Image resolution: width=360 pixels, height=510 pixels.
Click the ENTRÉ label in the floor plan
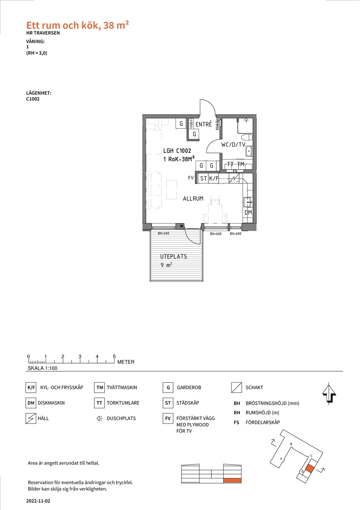[204, 124]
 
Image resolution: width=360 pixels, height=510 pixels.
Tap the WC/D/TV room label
[233, 144]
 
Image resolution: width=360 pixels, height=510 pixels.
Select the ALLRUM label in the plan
[193, 199]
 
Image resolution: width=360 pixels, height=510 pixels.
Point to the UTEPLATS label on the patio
[173, 256]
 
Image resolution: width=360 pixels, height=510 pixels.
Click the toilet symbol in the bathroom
[247, 138]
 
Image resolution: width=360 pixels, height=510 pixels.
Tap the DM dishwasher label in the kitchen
[248, 212]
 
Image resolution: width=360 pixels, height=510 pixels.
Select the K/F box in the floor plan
[213, 178]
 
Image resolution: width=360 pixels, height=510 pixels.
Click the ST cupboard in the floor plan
[203, 178]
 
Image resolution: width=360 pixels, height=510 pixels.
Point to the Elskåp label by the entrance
[217, 124]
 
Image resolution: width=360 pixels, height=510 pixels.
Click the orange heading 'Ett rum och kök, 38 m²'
[78, 25]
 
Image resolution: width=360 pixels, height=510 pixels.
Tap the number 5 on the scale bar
[114, 356]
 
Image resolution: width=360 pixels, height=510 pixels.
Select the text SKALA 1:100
[42, 368]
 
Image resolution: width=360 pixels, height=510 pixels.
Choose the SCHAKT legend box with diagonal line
[237, 388]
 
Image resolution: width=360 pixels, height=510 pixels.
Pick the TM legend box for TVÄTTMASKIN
[99, 388]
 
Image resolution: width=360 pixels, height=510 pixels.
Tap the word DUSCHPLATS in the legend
[121, 418]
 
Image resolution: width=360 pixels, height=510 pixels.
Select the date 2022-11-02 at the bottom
[38, 501]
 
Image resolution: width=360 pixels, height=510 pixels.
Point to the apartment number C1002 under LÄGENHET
[33, 99]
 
